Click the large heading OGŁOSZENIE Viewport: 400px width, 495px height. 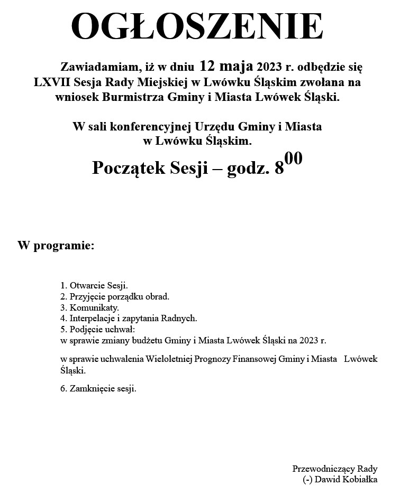(197, 26)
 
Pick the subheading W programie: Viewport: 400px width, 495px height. (56, 246)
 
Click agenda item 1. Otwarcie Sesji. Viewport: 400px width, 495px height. (94, 286)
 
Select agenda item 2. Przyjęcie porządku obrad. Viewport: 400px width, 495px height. (115, 296)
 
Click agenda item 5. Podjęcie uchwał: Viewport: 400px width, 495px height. (98, 329)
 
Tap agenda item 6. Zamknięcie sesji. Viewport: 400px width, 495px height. (98, 389)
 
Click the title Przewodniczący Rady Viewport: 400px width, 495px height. (334, 469)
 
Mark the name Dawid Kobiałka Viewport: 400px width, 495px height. (347, 480)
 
